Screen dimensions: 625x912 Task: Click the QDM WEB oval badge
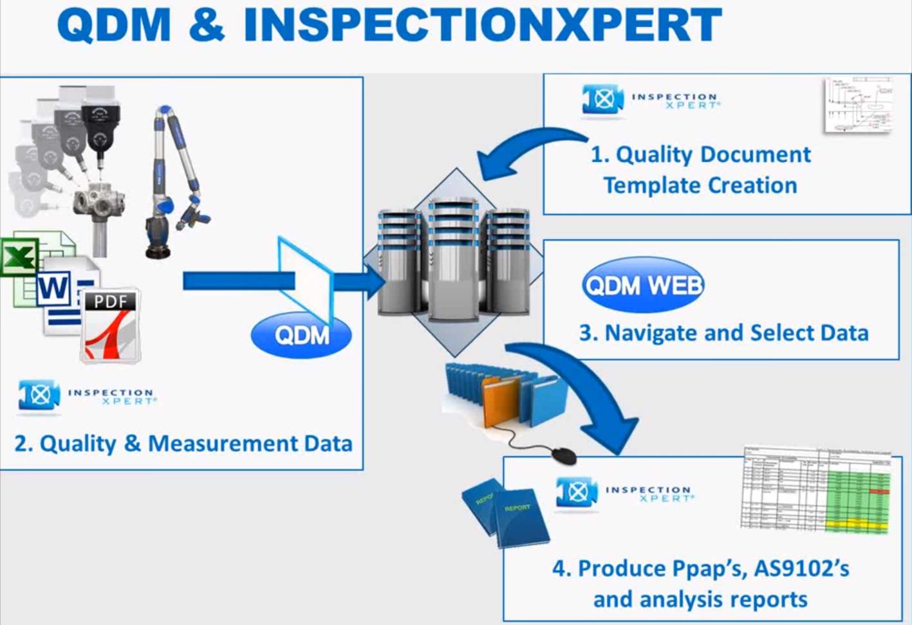coord(643,285)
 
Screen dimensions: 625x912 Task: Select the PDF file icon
coord(111,325)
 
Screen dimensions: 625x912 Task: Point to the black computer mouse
coord(564,455)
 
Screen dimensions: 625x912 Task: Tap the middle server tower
coord(454,257)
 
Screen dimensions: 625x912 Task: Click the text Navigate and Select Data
coord(724,333)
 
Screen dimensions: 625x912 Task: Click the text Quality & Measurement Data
coord(184,444)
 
